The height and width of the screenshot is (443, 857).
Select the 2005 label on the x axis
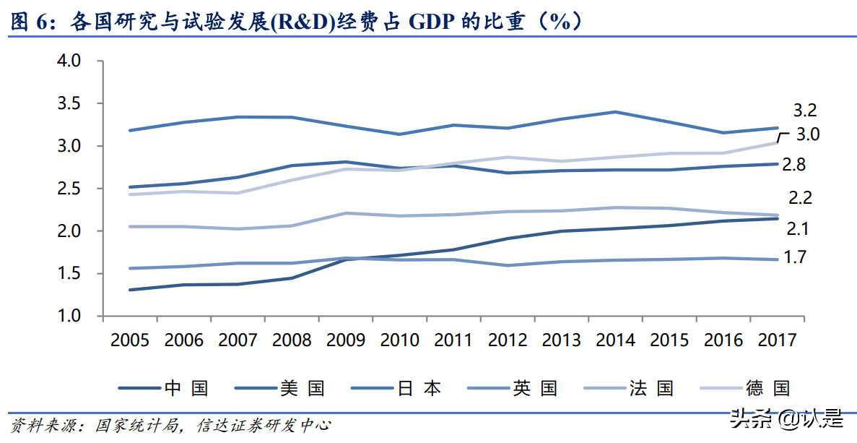click(130, 340)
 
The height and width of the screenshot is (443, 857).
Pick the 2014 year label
click(615, 340)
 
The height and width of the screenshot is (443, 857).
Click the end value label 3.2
click(805, 111)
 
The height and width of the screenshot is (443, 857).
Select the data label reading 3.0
click(808, 134)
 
